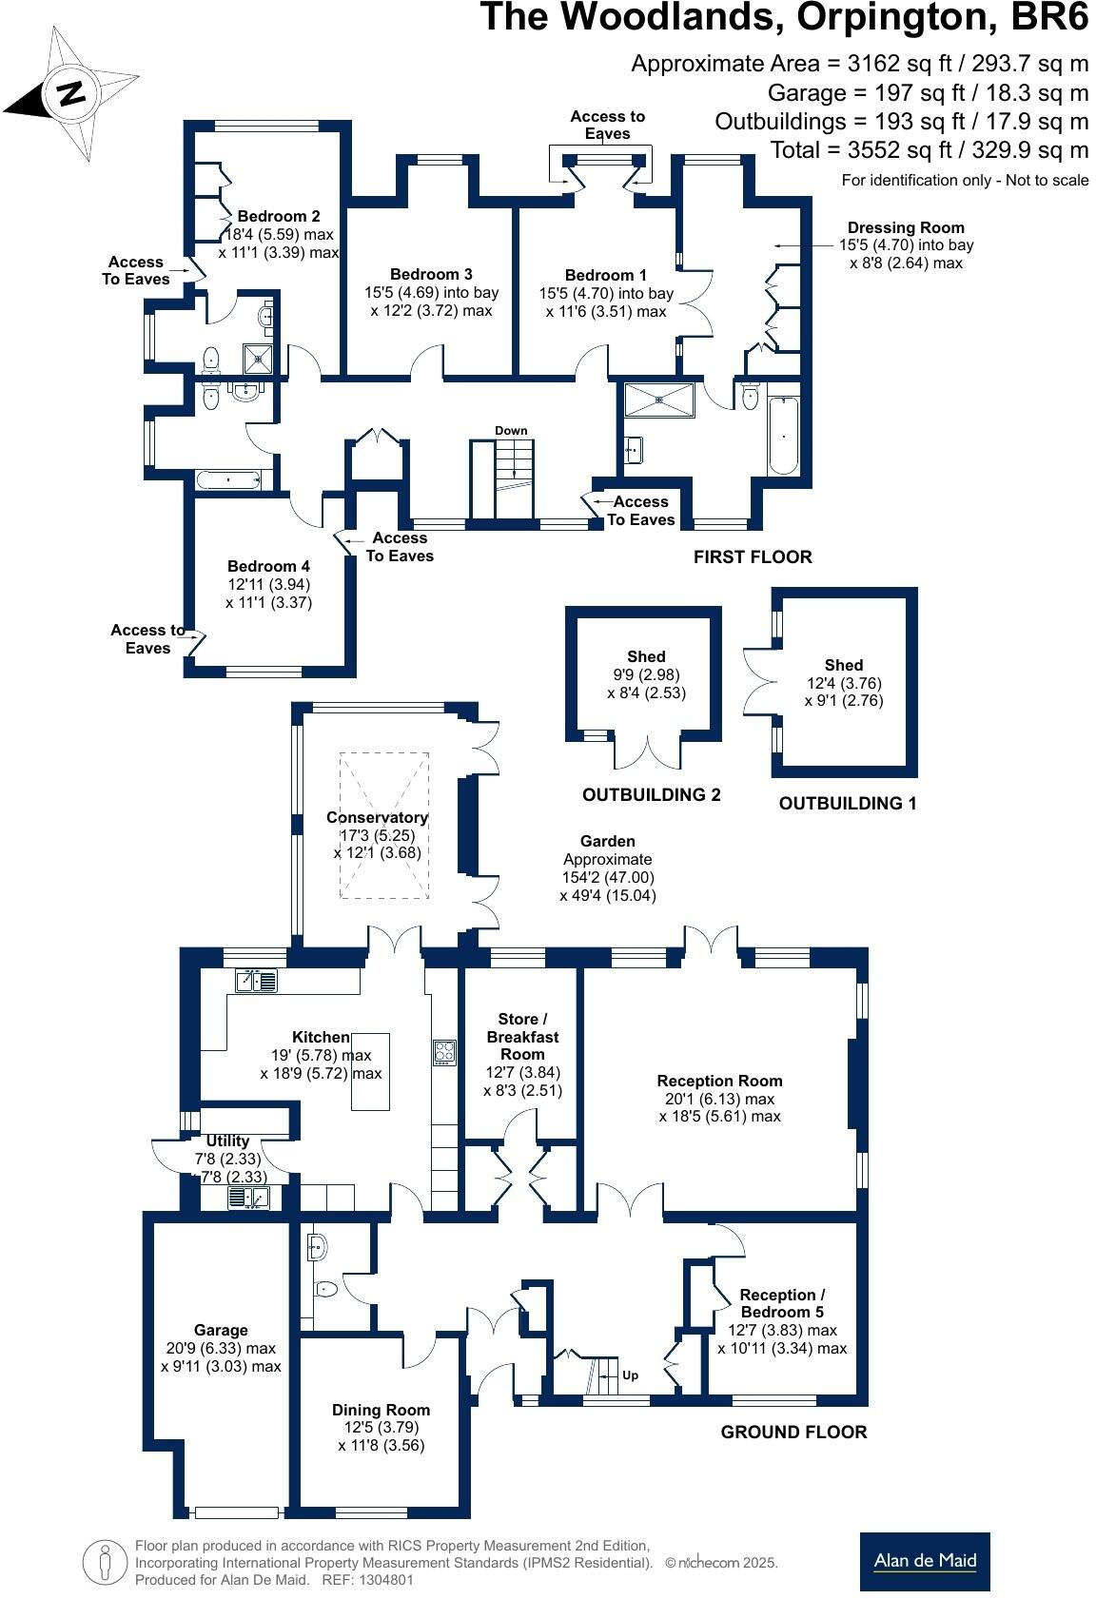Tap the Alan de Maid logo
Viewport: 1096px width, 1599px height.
pos(924,1561)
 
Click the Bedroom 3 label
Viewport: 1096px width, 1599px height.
pos(431,274)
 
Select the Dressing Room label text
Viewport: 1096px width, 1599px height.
pos(905,227)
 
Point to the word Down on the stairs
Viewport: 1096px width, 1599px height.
pos(511,431)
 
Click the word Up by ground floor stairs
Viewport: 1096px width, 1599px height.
pos(630,1375)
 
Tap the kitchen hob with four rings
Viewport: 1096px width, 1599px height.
pos(444,1052)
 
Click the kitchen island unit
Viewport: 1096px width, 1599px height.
pos(371,1071)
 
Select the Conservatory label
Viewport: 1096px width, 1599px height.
pos(377,817)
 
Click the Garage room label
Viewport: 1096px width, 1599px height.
pos(221,1330)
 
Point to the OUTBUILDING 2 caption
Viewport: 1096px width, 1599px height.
pos(651,794)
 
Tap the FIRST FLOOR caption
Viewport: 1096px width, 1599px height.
pos(752,556)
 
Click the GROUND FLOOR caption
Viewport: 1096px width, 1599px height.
pos(793,1432)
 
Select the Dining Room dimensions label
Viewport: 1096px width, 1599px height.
pos(381,1436)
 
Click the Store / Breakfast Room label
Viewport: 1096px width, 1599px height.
pos(522,1036)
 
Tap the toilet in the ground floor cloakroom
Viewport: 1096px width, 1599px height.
pos(324,1289)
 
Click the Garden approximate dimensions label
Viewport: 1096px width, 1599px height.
pos(608,868)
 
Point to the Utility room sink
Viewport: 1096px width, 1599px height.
pos(248,1198)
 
